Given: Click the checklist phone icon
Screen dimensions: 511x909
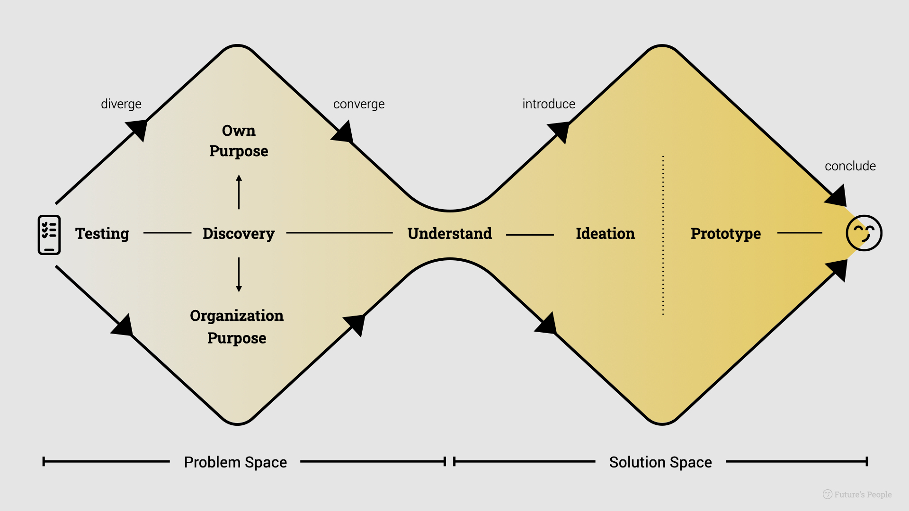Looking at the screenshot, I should pyautogui.click(x=49, y=235).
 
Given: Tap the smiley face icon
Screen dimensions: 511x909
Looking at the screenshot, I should pyautogui.click(x=864, y=233).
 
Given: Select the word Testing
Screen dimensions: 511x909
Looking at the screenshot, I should pyautogui.click(x=102, y=234).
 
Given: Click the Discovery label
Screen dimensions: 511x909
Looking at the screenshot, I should pyautogui.click(x=239, y=234).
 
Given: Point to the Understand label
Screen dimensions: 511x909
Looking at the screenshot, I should pyautogui.click(x=450, y=234).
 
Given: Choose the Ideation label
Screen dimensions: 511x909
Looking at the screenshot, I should pyautogui.click(x=605, y=234).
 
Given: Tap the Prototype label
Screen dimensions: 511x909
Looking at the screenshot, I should pyautogui.click(x=726, y=234).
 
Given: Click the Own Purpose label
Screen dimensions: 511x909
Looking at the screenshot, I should pyautogui.click(x=239, y=141).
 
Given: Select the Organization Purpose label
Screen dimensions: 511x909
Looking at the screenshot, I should pyautogui.click(x=237, y=326).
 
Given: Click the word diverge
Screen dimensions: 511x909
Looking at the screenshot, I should pyautogui.click(x=121, y=104).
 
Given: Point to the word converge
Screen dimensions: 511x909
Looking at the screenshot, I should pyautogui.click(x=359, y=104).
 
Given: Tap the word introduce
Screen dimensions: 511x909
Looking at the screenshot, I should pyautogui.click(x=549, y=104).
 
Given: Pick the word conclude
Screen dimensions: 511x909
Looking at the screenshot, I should pyautogui.click(x=850, y=166).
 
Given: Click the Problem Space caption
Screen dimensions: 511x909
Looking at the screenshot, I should pyautogui.click(x=235, y=462).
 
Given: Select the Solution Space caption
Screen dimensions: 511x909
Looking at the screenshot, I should pyautogui.click(x=660, y=462).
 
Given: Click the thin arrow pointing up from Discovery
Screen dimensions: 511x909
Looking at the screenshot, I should pyautogui.click(x=239, y=192).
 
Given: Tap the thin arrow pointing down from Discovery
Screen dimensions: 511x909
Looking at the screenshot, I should pyautogui.click(x=239, y=275).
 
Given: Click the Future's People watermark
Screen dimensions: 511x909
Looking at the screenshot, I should pyautogui.click(x=857, y=494).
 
